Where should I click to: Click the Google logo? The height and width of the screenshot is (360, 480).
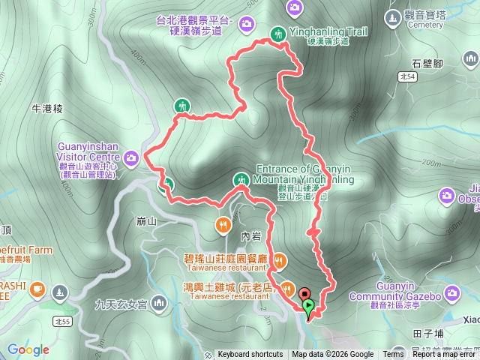click(x=28, y=349)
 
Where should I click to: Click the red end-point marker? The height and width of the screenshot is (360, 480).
click(x=304, y=294)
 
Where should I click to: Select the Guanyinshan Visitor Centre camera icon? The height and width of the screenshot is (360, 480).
click(x=132, y=157)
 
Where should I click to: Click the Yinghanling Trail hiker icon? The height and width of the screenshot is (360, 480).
click(x=278, y=33)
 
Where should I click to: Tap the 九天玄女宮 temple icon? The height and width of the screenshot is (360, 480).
click(x=158, y=304)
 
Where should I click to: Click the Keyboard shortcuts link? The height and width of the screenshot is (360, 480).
click(x=250, y=355)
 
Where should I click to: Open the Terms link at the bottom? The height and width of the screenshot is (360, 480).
click(x=393, y=355)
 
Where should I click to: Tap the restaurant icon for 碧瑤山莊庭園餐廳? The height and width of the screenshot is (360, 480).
click(x=278, y=261)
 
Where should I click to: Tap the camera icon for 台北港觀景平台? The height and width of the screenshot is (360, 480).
click(x=246, y=25)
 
